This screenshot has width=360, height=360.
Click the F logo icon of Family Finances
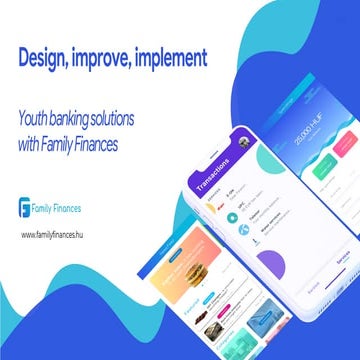(x=26, y=208)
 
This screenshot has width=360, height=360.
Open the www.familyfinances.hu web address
(x=56, y=234)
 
